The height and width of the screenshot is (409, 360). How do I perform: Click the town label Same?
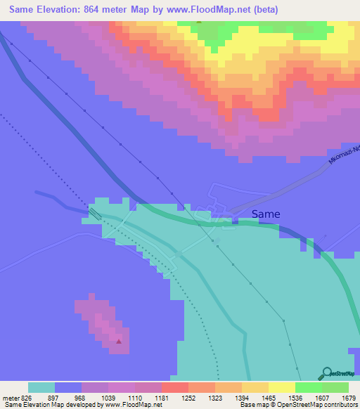(x=266, y=214)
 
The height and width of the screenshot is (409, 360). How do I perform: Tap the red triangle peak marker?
(x=119, y=342)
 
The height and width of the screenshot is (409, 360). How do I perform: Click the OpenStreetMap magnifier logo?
(x=326, y=374)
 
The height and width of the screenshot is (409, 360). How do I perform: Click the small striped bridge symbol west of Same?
(x=95, y=212)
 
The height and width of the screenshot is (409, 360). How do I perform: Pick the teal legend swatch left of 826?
(x=41, y=387)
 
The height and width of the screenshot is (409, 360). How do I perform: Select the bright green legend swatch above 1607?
(x=308, y=387)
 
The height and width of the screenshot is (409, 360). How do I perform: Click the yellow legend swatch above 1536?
(x=281, y=387)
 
